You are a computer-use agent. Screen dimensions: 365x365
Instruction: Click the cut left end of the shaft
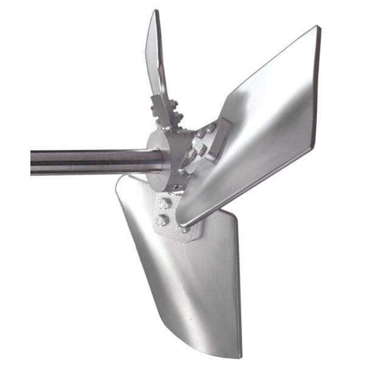click(32, 162)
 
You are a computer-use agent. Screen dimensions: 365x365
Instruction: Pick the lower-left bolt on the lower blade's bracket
click(162, 220)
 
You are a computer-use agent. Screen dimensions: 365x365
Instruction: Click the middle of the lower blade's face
click(195, 280)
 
